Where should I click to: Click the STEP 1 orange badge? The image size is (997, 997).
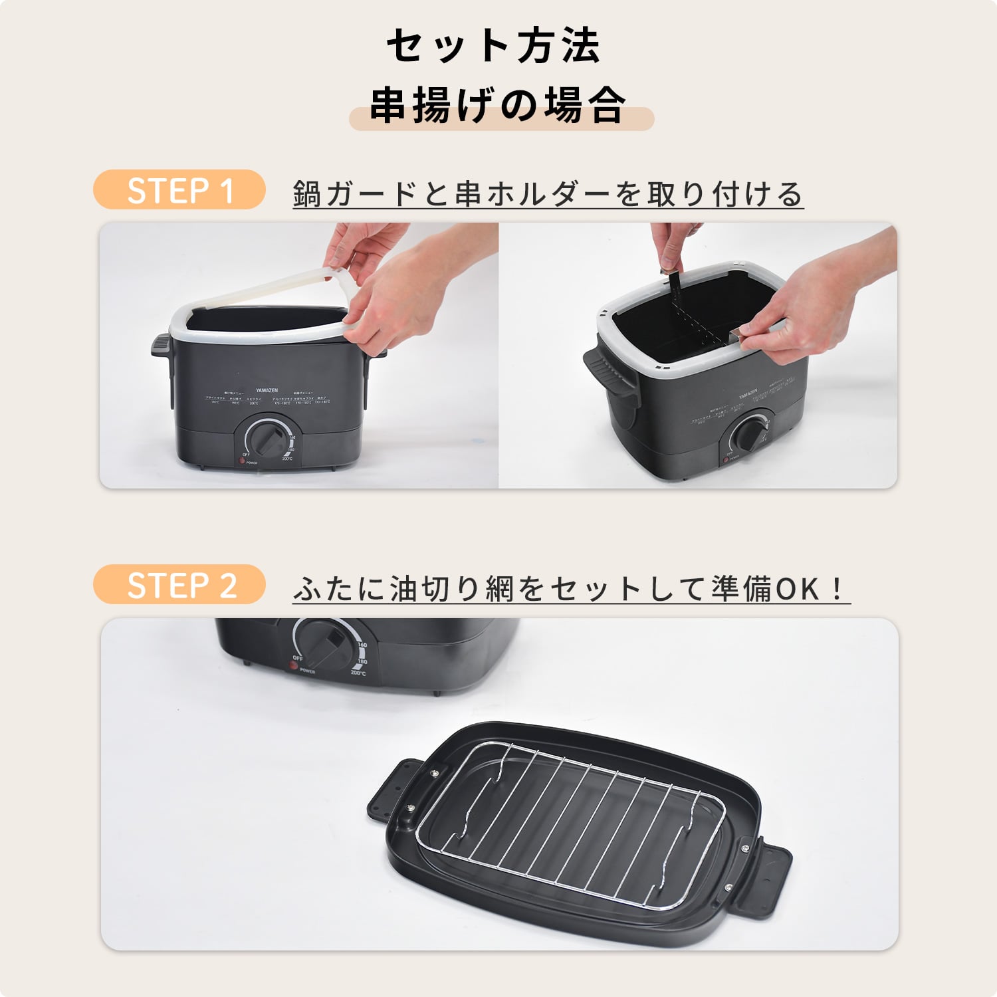point(179,191)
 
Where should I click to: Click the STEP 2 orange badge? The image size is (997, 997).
point(179,585)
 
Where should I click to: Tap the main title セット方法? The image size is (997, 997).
point(493,47)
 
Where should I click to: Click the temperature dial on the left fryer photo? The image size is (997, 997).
point(269,439)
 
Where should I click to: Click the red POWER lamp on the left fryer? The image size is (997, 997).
point(243,461)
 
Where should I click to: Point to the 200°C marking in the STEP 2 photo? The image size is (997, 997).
point(358,673)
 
